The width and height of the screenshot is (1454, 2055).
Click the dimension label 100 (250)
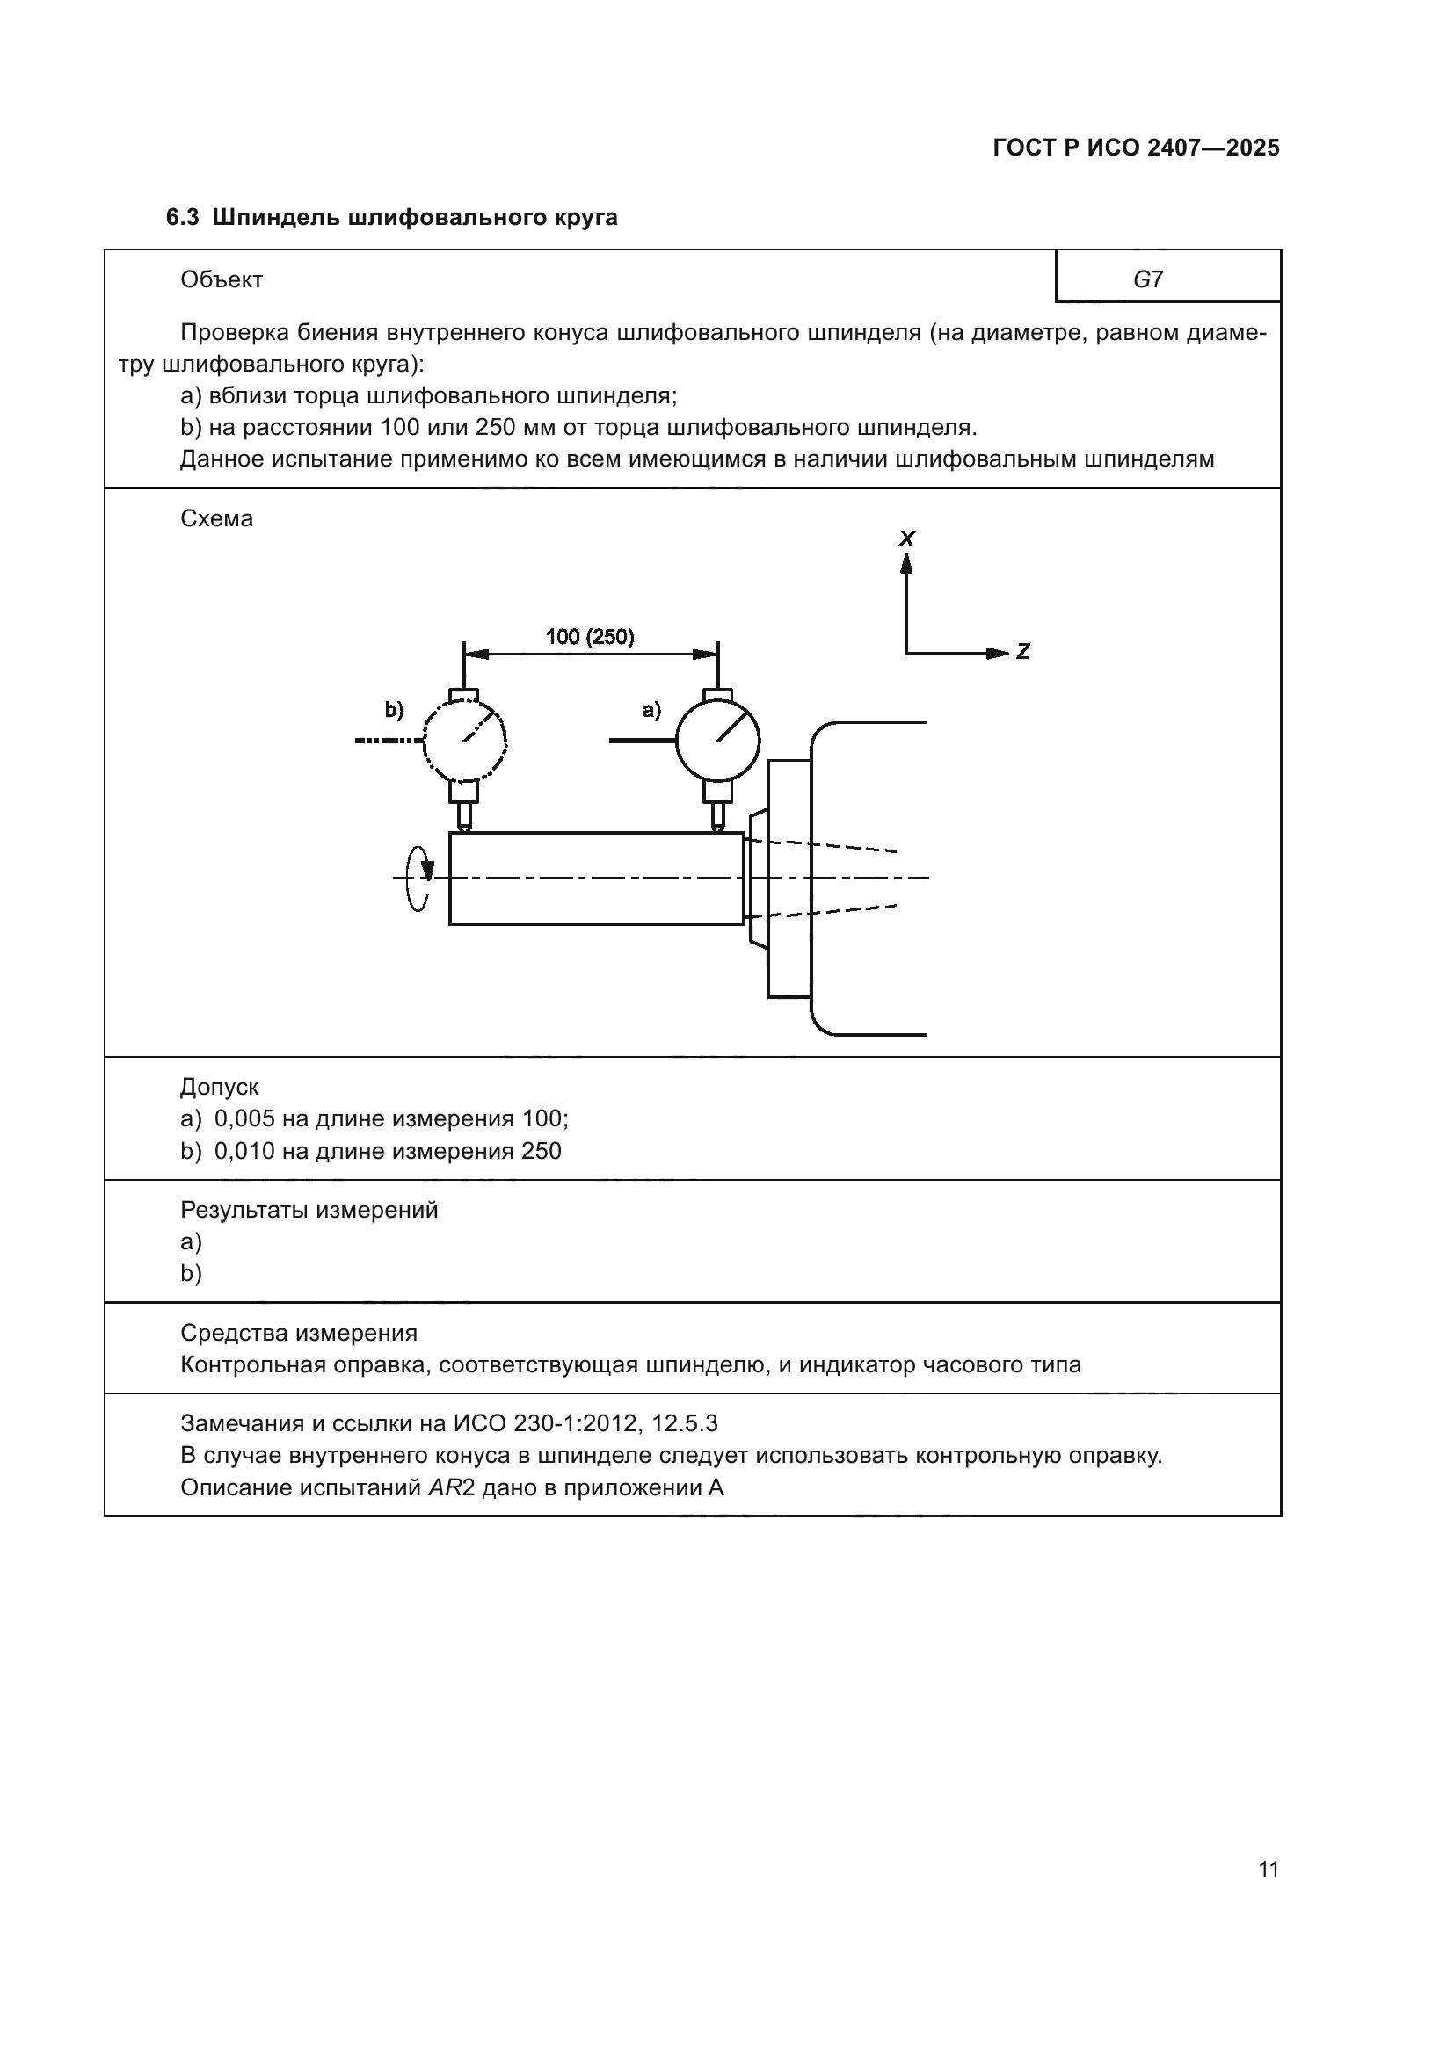(590, 637)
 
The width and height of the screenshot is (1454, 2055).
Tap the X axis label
(907, 539)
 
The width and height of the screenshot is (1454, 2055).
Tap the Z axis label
(1022, 653)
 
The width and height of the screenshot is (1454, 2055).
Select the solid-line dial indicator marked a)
(717, 740)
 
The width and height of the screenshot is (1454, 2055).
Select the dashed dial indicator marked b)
(465, 740)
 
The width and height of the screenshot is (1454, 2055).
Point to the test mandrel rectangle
(596, 878)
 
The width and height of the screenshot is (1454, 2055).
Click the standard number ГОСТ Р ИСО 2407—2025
(1135, 148)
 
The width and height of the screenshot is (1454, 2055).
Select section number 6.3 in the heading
(183, 218)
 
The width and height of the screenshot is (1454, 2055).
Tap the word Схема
(216, 519)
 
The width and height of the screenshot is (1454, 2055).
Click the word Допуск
(220, 1088)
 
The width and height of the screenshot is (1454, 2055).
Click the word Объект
(222, 280)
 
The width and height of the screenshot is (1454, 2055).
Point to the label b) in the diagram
(394, 710)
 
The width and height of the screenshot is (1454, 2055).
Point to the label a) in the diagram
(651, 710)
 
